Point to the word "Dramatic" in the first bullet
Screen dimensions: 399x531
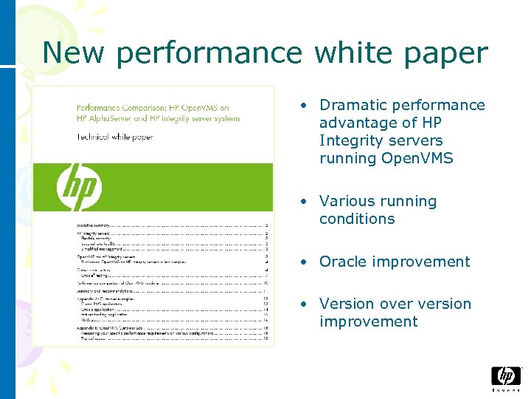pyautogui.click(x=350, y=106)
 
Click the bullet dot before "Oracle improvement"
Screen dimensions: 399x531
pyautogui.click(x=303, y=262)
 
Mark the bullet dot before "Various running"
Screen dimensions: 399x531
pyautogui.click(x=303, y=202)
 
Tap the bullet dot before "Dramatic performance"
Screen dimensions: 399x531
pyautogui.click(x=303, y=106)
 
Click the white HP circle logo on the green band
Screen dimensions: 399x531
pyautogui.click(x=79, y=186)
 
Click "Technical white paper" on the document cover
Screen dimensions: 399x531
pyautogui.click(x=115, y=137)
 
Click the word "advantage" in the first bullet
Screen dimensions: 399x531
pyautogui.click(x=355, y=123)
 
